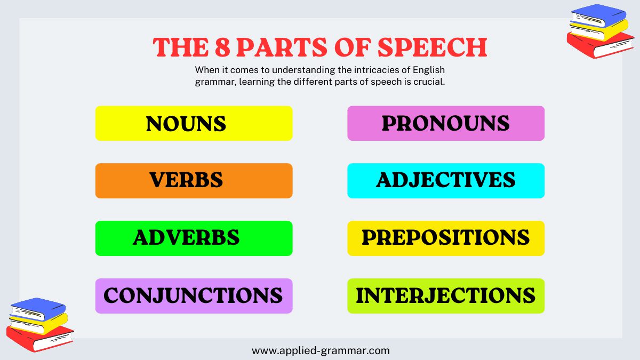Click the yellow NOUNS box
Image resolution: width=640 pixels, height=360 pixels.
[x=194, y=123]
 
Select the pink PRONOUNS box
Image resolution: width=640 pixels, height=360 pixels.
[x=445, y=123]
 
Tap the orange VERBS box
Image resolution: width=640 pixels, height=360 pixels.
[x=194, y=180]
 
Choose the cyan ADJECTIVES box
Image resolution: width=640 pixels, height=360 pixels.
[x=445, y=180]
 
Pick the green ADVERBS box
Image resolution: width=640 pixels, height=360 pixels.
[x=194, y=238]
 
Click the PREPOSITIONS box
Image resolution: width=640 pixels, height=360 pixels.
[x=445, y=238]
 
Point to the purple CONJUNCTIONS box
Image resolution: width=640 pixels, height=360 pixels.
[x=194, y=295]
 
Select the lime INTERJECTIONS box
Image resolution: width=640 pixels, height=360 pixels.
[x=445, y=295]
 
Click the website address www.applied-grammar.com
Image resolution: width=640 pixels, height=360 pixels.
[x=321, y=351]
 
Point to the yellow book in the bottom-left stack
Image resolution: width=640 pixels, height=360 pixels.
[x=39, y=322]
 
